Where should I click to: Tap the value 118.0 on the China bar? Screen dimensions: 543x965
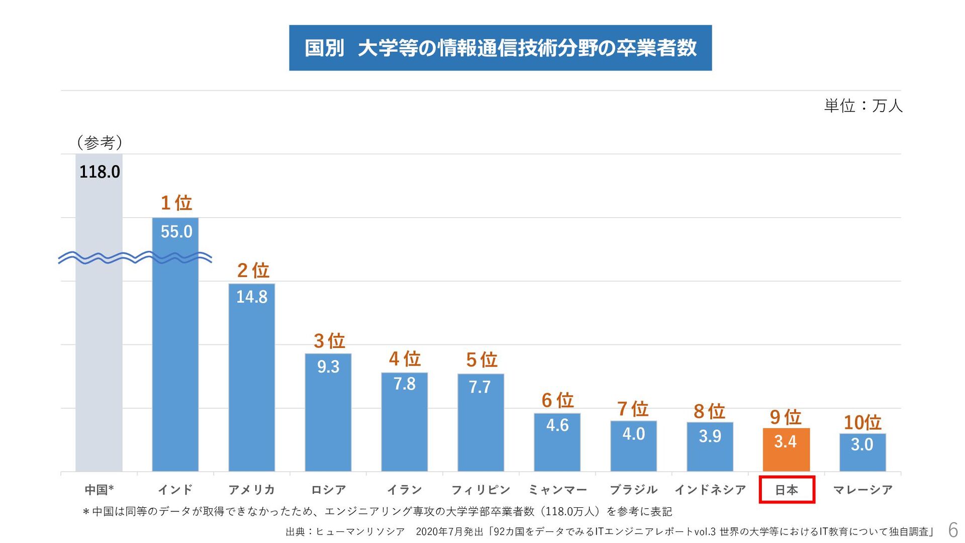coord(100,172)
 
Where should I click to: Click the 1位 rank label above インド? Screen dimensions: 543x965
coord(176,203)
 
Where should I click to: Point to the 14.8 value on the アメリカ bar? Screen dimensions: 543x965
coord(252,297)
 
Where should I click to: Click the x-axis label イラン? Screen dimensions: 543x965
coord(404,489)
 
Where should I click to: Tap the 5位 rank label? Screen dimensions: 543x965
coord(481,360)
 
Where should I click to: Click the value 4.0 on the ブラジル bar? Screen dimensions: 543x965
coord(633,434)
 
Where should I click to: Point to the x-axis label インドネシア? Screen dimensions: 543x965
coord(710,489)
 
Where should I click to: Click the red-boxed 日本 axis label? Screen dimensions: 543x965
coord(787,489)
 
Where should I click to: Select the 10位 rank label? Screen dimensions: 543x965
coord(862,422)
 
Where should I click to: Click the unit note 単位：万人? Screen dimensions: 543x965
coord(863,106)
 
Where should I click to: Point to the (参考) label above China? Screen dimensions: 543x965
coord(100,143)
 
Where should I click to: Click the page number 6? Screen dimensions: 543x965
coord(952,530)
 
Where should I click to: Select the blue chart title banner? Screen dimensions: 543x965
coord(500,48)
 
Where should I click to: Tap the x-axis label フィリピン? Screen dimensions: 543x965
coord(480,489)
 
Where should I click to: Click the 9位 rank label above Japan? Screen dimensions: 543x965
coord(786,417)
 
